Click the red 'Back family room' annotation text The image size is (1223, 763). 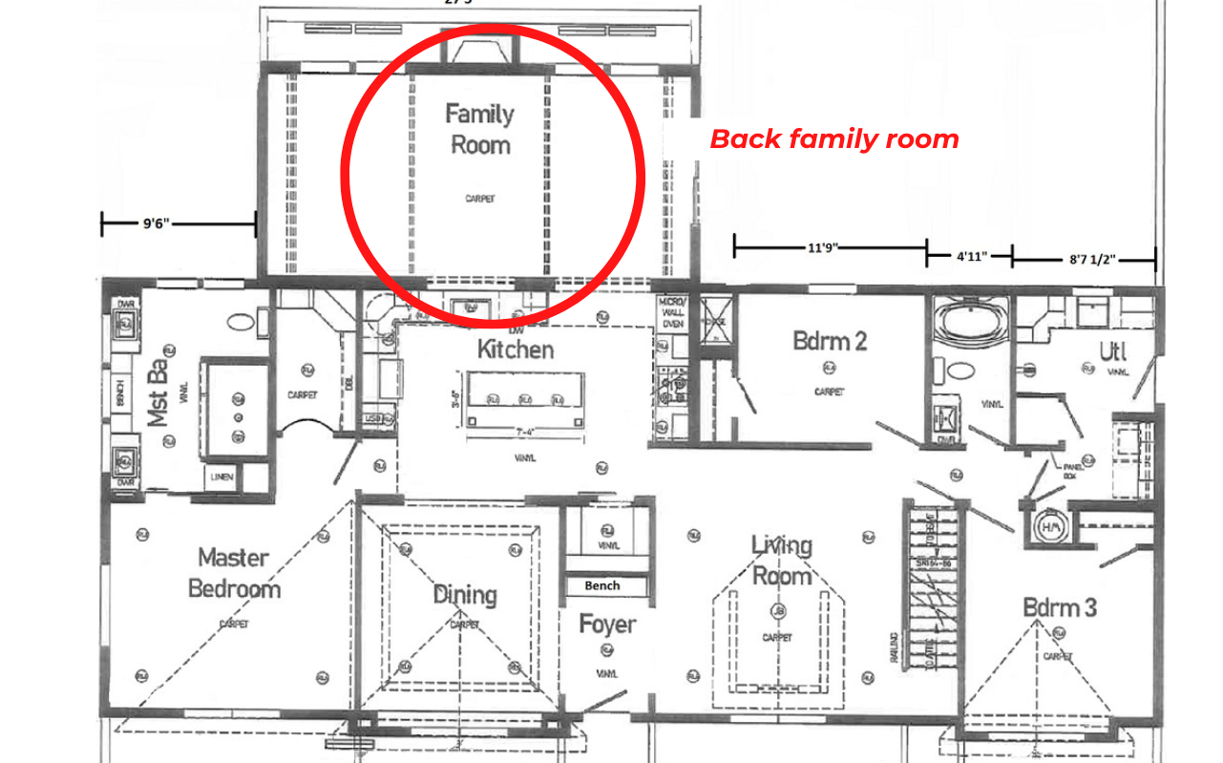[833, 139]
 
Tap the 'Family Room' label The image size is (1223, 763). [479, 130]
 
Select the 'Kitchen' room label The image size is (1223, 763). [516, 350]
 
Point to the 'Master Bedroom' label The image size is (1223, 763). [234, 572]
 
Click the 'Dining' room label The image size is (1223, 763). [465, 595]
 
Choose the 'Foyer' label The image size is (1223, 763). [607, 625]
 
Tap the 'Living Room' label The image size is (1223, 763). [782, 561]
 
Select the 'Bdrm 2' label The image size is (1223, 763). [830, 341]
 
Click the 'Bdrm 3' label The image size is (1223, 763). [1060, 607]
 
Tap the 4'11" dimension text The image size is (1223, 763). [971, 256]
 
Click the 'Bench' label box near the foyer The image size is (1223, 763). [601, 585]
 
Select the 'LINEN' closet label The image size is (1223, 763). [223, 477]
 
